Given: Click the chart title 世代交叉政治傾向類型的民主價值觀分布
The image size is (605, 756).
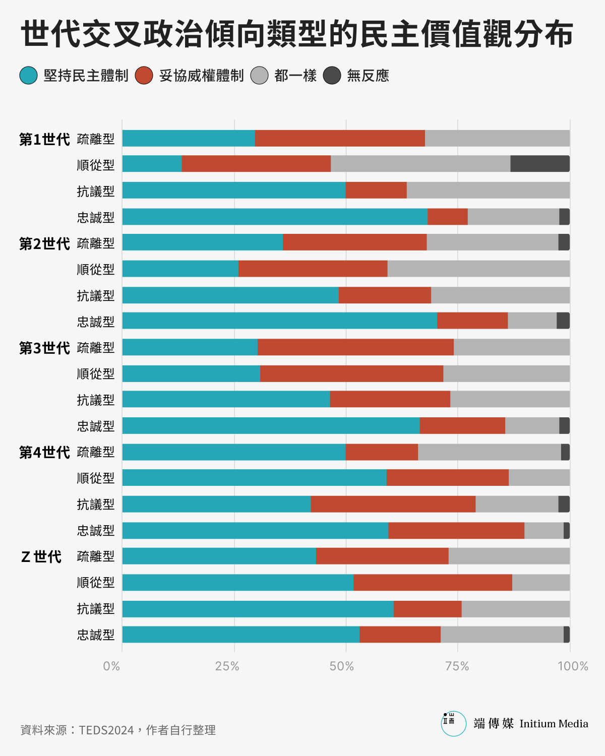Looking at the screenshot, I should [x=296, y=34].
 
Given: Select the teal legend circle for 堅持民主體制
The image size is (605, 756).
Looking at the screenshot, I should [x=29, y=76].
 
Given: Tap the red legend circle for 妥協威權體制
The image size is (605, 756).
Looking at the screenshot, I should [x=144, y=76].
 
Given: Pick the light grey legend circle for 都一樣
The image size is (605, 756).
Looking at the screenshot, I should [x=260, y=76].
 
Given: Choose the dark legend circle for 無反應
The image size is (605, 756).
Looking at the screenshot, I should [x=332, y=76].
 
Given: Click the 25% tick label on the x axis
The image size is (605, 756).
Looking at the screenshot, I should [x=227, y=666].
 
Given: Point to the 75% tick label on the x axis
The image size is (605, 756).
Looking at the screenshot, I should [x=457, y=666].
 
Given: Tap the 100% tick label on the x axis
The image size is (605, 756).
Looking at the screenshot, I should [x=573, y=666].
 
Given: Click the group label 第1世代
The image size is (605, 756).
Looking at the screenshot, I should [x=44, y=140].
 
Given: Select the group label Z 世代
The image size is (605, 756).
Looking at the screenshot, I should [x=41, y=557].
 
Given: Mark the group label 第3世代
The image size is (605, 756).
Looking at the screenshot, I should [x=44, y=348].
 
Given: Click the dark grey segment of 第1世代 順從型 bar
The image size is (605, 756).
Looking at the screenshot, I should [x=540, y=164].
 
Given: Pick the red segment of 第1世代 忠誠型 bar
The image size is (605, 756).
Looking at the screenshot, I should [x=448, y=217].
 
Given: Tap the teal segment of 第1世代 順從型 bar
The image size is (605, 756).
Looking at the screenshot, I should [x=152, y=164].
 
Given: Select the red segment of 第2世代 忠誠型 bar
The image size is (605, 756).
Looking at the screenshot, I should [x=472, y=321].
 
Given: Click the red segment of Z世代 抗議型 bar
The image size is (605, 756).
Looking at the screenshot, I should [x=428, y=609].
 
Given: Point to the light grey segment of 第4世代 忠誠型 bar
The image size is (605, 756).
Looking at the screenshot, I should [x=544, y=531].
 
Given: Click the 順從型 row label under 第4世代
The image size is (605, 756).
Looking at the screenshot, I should [x=96, y=478].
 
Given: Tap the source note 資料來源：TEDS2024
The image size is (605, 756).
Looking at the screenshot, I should [x=118, y=730].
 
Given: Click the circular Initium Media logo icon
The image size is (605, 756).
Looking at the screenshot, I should [x=453, y=724].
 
